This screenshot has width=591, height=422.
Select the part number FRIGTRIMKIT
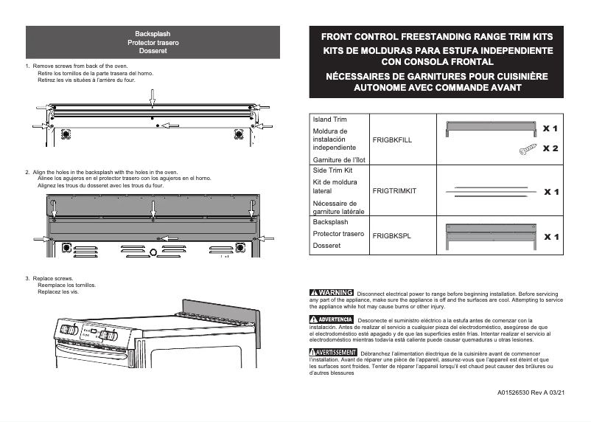click(x=394, y=191)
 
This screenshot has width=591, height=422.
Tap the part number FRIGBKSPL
click(x=391, y=236)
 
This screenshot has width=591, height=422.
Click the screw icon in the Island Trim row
click(x=528, y=149)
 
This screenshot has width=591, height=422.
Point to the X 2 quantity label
click(x=550, y=149)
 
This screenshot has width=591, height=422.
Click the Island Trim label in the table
click(x=330, y=120)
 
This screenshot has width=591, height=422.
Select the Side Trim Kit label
click(x=333, y=170)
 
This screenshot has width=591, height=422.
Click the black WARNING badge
click(x=332, y=293)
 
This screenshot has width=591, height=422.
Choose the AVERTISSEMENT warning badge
click(x=333, y=352)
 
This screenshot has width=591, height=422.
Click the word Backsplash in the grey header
click(x=153, y=35)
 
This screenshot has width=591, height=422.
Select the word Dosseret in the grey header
click(x=153, y=51)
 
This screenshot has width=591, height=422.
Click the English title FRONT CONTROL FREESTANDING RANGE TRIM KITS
click(x=437, y=36)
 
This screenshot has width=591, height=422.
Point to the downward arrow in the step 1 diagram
click(x=153, y=97)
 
